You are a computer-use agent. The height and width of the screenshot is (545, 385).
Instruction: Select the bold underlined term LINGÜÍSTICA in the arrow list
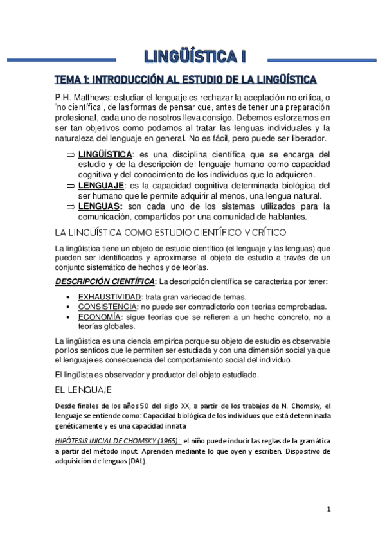coord(105,155)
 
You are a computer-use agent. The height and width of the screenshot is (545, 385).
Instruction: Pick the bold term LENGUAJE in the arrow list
coord(101,186)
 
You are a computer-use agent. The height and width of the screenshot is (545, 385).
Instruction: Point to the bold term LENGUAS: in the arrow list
coord(100,206)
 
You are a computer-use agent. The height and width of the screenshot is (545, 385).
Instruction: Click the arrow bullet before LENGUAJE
coord(71,186)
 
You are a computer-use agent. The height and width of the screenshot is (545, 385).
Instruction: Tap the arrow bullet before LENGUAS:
coord(71,206)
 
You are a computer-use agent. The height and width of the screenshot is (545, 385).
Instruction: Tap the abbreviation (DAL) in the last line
coord(135,463)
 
